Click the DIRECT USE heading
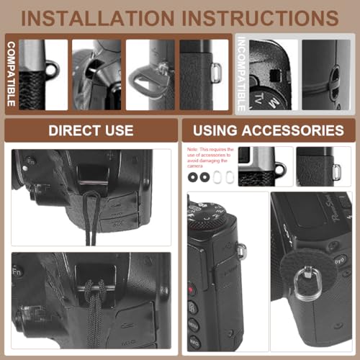90,130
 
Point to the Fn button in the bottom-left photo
17,272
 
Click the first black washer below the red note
192,176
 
